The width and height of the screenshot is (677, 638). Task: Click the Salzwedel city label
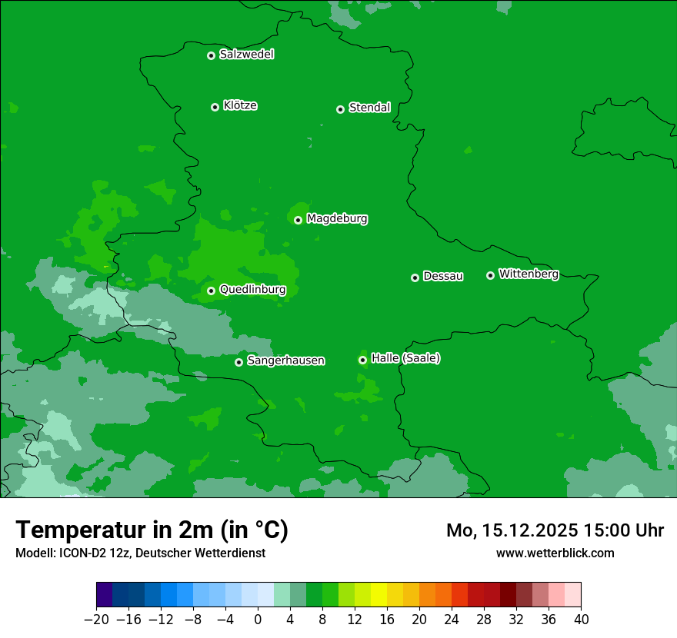[x=246, y=55]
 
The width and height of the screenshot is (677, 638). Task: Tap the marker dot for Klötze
[x=215, y=107]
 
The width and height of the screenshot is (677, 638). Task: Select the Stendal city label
[x=369, y=108]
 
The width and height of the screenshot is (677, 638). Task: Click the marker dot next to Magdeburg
[x=298, y=220]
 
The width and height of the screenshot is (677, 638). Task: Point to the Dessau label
[x=443, y=276]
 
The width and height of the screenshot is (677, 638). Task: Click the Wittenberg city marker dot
[x=490, y=275]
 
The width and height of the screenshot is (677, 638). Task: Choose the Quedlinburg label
[x=252, y=290]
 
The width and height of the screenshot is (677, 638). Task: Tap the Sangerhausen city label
[x=285, y=361]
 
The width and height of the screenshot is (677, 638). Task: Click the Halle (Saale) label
[x=405, y=358]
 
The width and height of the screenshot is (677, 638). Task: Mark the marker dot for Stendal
[x=340, y=109]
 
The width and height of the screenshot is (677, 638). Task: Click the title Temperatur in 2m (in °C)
[x=152, y=530]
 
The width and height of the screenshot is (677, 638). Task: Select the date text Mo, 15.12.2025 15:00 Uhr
[x=555, y=530]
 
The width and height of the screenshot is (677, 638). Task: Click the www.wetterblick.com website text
[x=555, y=553]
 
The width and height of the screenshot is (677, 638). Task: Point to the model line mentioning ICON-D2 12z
[x=140, y=553]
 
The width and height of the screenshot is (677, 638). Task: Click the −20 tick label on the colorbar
[x=96, y=620]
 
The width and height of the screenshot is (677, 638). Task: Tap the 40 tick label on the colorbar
[x=581, y=620]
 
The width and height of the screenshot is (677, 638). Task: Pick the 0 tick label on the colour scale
[x=258, y=620]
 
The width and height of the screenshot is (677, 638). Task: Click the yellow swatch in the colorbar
[x=379, y=595]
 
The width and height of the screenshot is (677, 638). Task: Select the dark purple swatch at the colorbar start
[x=105, y=595]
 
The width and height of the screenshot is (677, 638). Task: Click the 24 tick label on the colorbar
[x=452, y=620]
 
